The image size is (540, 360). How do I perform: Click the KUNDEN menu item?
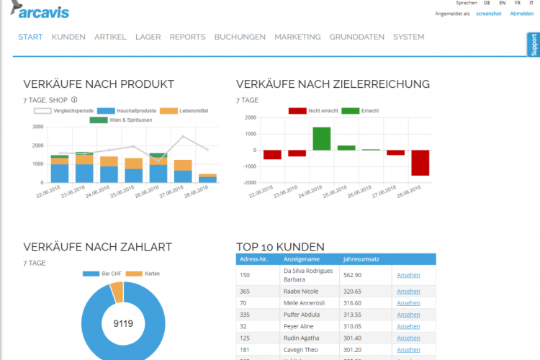click(68, 37)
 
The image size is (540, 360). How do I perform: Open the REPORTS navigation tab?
click(187, 37)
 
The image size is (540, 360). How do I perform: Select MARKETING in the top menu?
click(297, 37)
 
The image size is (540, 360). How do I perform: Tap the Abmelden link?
click(521, 14)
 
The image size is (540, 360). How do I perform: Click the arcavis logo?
click(40, 12)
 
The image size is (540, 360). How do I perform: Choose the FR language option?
click(517, 4)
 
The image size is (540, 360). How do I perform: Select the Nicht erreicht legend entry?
click(315, 110)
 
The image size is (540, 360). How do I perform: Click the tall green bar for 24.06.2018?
click(321, 138)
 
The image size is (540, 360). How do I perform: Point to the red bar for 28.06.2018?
click(420, 163)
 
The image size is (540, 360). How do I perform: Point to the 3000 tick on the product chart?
click(38, 127)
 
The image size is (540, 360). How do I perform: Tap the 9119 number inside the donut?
click(123, 323)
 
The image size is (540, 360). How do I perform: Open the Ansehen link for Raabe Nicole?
click(408, 292)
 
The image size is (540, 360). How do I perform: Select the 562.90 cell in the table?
click(352, 274)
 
